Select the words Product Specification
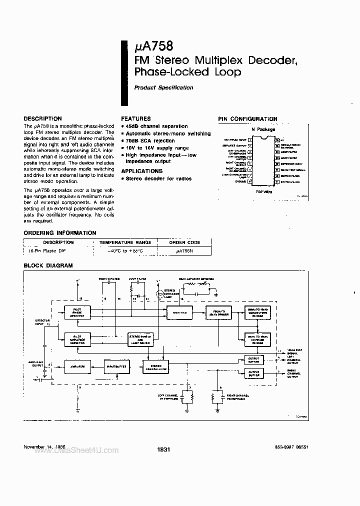click(x=163, y=87)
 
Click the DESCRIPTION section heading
click(x=43, y=118)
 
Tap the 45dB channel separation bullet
click(x=156, y=126)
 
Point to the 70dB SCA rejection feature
click(x=150, y=141)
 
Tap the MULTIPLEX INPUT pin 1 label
click(x=235, y=140)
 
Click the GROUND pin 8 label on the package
click(x=240, y=181)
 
